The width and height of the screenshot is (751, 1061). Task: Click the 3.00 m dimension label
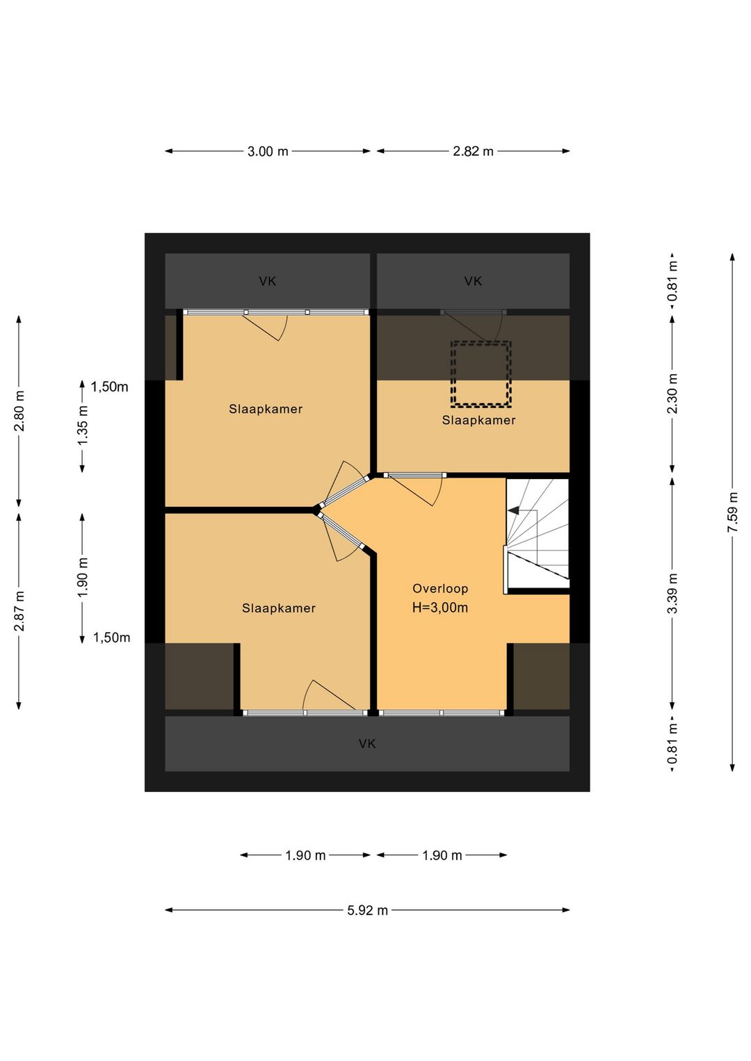tap(268, 151)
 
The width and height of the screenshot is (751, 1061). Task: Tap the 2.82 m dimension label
tap(473, 151)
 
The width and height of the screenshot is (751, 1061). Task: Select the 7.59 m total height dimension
tap(732, 512)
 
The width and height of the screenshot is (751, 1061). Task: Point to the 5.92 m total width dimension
tap(367, 910)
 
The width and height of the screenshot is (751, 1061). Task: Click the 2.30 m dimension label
tap(672, 394)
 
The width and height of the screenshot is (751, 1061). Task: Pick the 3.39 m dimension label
tap(672, 593)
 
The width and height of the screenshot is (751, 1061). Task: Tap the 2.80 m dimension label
tap(19, 411)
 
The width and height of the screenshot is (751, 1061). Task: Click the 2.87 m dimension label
tap(19, 611)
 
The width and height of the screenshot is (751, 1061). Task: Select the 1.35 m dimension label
tap(83, 426)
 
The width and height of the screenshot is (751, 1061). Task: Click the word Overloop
tap(440, 589)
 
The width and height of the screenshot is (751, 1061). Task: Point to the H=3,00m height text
tap(440, 608)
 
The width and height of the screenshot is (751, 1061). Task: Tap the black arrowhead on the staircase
tap(513, 510)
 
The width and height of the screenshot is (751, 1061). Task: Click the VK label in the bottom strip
tap(367, 744)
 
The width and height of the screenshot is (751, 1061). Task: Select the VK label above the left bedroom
tap(267, 282)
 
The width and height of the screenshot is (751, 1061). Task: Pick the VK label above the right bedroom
tap(473, 282)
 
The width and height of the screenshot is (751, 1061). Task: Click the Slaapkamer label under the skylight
tap(478, 420)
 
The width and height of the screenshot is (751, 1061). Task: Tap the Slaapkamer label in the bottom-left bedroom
tap(279, 608)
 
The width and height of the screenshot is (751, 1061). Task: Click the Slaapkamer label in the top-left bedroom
tap(266, 409)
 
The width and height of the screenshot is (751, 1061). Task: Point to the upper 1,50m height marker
tap(109, 387)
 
